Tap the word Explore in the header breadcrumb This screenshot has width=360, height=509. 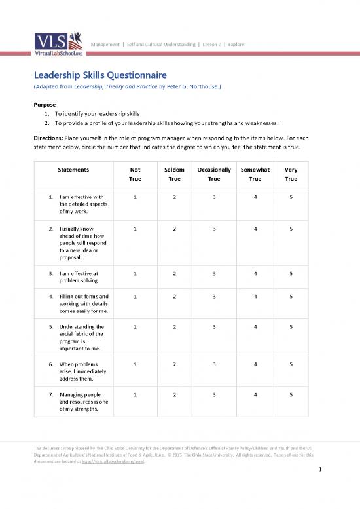coord(236,43)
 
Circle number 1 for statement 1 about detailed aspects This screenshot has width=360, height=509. coord(135,197)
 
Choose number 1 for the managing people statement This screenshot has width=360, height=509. coord(135,395)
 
